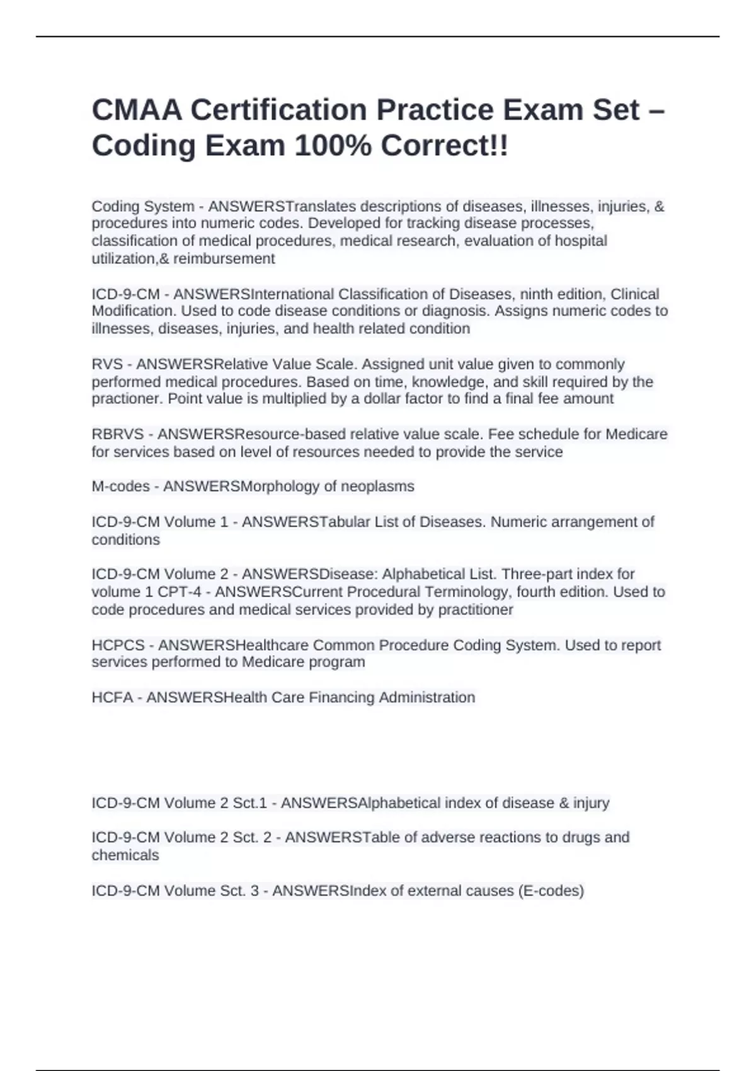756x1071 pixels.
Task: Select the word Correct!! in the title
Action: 444,146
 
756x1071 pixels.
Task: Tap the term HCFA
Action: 112,697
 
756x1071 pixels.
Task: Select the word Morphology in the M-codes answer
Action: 281,486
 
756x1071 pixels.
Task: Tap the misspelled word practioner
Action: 126,399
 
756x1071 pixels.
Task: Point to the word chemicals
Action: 125,856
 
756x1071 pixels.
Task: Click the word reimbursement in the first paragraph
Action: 224,258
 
